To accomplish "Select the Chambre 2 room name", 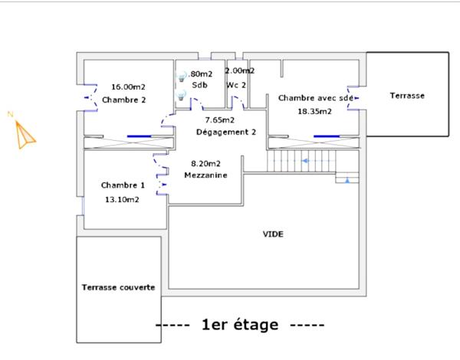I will (x=124, y=100).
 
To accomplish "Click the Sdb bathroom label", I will (x=199, y=85).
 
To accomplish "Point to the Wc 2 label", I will (x=236, y=85).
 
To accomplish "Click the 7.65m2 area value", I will (x=219, y=119).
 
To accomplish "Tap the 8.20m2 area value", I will (x=205, y=163).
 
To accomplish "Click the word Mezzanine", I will (x=205, y=175).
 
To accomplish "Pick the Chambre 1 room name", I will (x=123, y=185).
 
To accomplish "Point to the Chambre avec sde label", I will (x=316, y=98).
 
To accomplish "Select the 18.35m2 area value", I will (x=314, y=111).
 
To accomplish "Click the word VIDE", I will (x=273, y=234).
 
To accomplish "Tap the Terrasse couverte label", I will (x=118, y=288).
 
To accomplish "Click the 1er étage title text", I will (x=240, y=325).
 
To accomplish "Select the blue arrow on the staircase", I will (x=306, y=161).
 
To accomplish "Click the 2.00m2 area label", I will (x=240, y=70).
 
